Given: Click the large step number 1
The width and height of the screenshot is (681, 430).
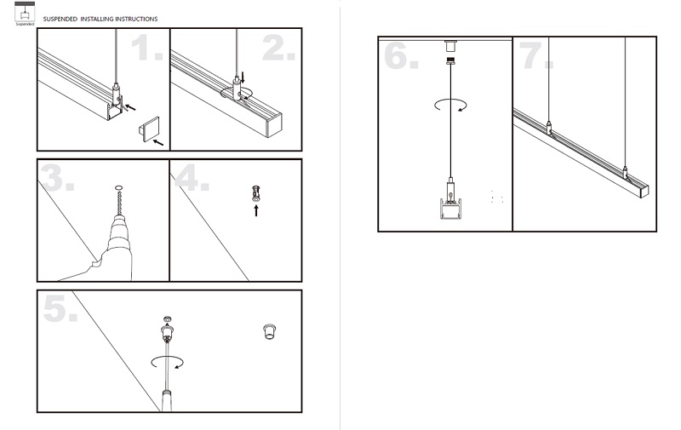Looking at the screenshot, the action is coord(146,48).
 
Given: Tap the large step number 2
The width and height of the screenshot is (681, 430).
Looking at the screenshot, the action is coord(278,48).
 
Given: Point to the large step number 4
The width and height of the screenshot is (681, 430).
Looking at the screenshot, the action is coord(192,178).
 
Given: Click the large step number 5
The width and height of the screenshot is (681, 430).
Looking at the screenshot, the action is coord(60,308).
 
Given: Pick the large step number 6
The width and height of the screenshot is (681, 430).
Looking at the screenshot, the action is coord(401,55).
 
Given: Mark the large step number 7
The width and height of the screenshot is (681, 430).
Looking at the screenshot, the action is coord(535,55).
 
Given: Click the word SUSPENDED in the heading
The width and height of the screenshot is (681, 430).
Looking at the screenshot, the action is coord(60,19).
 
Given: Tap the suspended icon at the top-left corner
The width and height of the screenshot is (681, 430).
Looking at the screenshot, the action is coord(25,13).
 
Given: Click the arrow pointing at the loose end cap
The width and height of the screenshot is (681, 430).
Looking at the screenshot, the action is coord(158,141).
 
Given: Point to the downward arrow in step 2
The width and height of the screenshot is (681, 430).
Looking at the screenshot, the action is coord(243,78).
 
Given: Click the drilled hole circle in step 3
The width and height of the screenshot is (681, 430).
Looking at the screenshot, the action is coord(119,188).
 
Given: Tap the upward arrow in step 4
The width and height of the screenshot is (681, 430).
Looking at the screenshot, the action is coord(256,210).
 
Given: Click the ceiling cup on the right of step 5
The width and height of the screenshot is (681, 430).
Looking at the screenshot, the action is coord(270,331).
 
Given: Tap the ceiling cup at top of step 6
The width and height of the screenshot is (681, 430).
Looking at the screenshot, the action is coord(450,46).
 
